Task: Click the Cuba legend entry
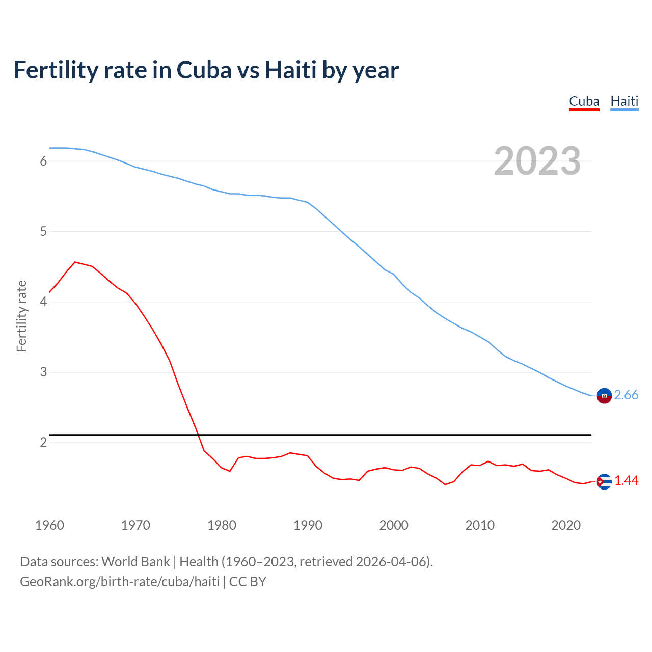(584, 101)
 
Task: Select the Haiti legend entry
(624, 101)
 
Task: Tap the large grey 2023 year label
(537, 161)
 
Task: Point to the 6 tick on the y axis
(43, 161)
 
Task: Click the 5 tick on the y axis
(43, 232)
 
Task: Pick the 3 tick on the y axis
(43, 372)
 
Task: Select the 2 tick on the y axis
(43, 443)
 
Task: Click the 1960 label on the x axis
(49, 525)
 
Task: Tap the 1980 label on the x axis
(222, 525)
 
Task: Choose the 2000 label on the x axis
(394, 525)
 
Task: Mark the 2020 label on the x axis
(566, 525)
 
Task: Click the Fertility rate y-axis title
(21, 316)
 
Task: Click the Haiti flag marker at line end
(604, 395)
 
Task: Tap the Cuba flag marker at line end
(604, 481)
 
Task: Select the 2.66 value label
(626, 395)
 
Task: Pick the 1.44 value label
(626, 481)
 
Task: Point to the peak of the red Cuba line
(75, 262)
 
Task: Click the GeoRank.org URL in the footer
(120, 582)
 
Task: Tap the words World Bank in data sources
(135, 562)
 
